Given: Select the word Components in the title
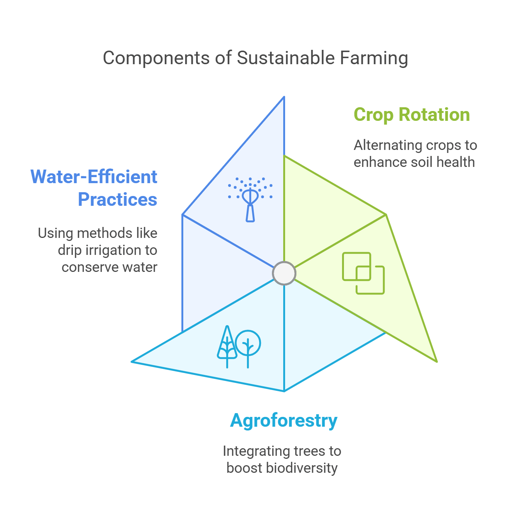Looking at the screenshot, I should point(157,58).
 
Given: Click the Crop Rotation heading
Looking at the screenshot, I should point(411,115).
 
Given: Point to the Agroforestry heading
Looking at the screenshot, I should point(284,421).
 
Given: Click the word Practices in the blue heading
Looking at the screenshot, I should point(117,199).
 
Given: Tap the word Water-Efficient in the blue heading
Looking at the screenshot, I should point(94,177).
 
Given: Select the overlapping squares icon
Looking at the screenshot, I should point(363,273).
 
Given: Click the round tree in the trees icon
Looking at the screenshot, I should point(248,343).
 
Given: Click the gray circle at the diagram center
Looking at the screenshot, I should point(284,273).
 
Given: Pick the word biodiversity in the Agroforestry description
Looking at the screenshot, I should point(302,468).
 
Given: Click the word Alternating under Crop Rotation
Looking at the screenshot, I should point(388,145).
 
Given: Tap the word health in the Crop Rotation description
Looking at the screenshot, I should point(458,162).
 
